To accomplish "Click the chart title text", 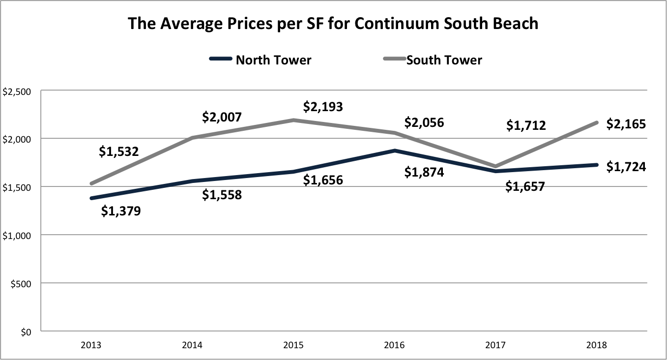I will click(x=333, y=24).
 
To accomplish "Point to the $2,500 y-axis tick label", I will click(x=17, y=91).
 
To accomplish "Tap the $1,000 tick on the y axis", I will click(x=17, y=236).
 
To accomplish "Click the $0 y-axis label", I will click(x=24, y=332).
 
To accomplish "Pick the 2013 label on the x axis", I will click(x=91, y=345).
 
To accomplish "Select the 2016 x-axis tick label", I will click(x=394, y=345).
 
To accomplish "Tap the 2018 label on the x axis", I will click(x=596, y=345).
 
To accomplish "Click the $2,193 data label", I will click(x=323, y=106).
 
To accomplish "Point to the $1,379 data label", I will click(x=121, y=211).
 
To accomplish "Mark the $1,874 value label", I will click(x=424, y=172).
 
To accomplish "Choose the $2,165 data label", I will click(x=626, y=123).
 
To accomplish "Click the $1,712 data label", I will click(x=526, y=125).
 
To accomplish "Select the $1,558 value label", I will click(x=222, y=195).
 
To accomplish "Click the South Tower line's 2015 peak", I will click(x=293, y=120).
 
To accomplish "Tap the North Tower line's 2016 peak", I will click(x=394, y=150).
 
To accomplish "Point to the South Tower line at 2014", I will click(x=192, y=138).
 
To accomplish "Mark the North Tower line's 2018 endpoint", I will click(x=596, y=165).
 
